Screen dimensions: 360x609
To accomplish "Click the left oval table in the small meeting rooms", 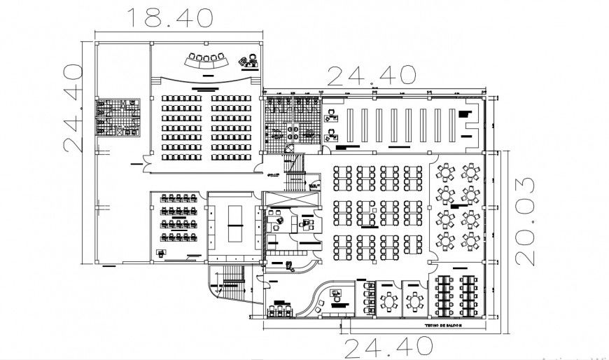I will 388,300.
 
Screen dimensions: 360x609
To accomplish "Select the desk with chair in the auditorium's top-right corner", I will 246,61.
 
